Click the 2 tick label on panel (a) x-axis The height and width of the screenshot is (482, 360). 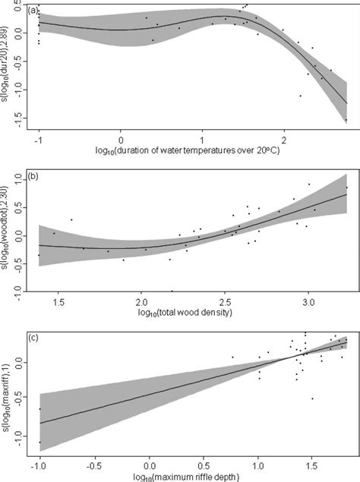283,140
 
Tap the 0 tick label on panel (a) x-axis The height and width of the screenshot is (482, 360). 120,140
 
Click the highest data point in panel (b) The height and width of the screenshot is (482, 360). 309,184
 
